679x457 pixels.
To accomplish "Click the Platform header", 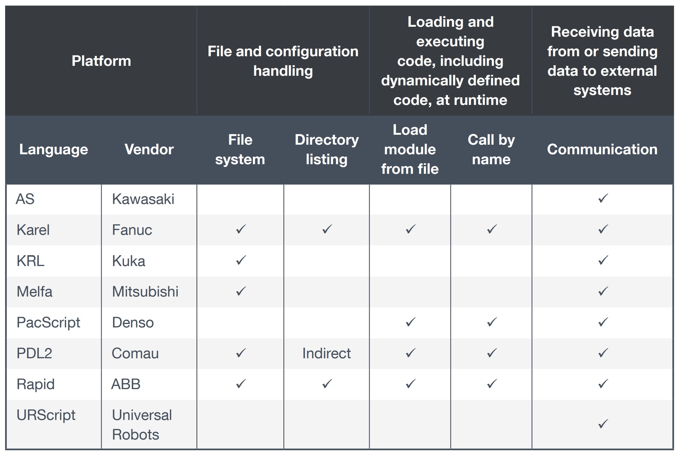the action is [x=101, y=61].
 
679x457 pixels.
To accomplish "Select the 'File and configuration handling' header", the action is [x=283, y=61].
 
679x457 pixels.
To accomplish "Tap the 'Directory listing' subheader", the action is [x=326, y=149].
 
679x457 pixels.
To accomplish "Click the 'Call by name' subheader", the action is [x=491, y=149].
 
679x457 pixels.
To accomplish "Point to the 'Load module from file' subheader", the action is [x=410, y=149].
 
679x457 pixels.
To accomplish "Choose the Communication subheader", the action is [x=602, y=149].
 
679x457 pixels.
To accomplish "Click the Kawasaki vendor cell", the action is [x=143, y=199].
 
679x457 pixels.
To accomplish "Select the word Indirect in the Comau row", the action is [x=326, y=353].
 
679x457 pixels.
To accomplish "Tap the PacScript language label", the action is [x=48, y=323].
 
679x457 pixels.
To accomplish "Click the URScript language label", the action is [x=46, y=416].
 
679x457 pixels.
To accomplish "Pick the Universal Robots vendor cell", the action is [x=142, y=425].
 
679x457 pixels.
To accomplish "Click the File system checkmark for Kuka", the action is [x=241, y=260].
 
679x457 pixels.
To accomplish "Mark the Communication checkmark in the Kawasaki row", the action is [x=603, y=198].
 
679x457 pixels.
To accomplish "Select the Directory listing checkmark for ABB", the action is [x=327, y=384].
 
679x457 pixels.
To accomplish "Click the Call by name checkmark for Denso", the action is [x=492, y=322].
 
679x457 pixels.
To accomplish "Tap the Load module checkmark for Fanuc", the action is [x=410, y=229].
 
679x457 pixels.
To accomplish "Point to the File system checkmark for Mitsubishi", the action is [x=241, y=291].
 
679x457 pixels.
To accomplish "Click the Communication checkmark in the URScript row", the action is [x=603, y=424].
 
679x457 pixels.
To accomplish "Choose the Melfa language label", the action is [x=34, y=292].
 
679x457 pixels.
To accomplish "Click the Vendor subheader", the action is [x=149, y=149].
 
